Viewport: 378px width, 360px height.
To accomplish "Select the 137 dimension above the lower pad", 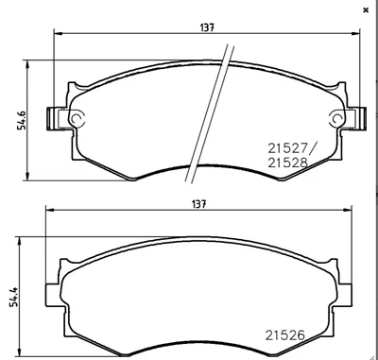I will pos(198,204).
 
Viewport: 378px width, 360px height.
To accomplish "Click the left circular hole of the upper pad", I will pos(77,119).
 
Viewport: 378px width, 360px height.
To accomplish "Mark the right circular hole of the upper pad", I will pos(335,119).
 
